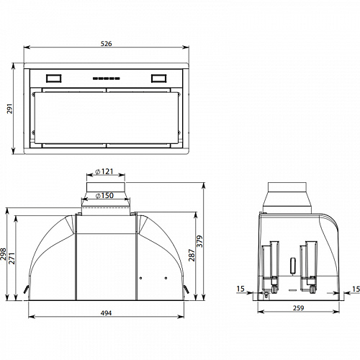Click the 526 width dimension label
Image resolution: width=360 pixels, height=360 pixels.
tap(106, 44)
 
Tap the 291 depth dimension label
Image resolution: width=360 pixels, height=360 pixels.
tap(9, 109)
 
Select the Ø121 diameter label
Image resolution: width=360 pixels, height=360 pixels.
tap(104, 171)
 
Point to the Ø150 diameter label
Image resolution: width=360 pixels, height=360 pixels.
tap(104, 196)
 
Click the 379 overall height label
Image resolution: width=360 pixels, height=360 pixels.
tap(199, 241)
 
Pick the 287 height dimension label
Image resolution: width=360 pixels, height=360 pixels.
tap(192, 255)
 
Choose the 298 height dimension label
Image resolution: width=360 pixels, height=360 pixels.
tap(3, 254)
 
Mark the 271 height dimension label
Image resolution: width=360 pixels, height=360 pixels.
tap(12, 258)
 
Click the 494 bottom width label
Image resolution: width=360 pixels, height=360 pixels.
tap(106, 313)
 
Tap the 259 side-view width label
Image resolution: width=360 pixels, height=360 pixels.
tap(298, 308)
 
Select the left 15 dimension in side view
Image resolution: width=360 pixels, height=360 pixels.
tap(240, 289)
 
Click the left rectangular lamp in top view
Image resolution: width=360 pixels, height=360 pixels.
tap(53, 78)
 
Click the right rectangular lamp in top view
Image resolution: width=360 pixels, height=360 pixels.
tap(158, 78)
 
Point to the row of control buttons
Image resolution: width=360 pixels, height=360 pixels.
tap(106, 78)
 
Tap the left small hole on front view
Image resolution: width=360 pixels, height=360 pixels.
tap(140, 278)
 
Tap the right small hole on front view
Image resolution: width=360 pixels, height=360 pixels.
tap(166, 278)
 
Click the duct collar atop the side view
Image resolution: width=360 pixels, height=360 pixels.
tap(287, 198)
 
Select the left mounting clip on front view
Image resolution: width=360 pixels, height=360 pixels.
tap(26, 289)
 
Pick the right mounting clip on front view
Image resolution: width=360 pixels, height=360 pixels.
tap(186, 289)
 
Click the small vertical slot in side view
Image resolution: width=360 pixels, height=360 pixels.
tap(293, 266)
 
